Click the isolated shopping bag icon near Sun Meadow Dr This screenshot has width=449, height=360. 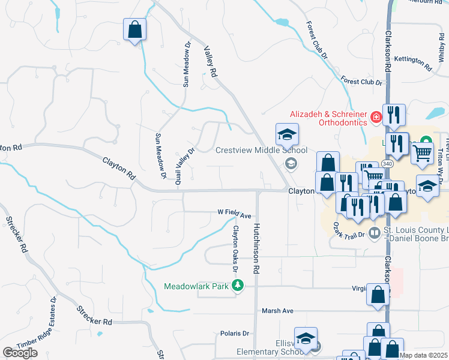(134, 29)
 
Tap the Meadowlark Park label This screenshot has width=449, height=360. (196, 286)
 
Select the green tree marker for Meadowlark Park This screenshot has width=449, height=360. (238, 286)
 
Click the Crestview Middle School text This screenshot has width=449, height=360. (261, 151)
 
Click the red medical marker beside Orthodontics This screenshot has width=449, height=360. (376, 117)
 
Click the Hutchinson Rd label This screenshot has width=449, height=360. (256, 249)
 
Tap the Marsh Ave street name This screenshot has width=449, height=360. (277, 311)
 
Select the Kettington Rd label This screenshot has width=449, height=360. (414, 62)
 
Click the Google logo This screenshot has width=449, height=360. (20, 353)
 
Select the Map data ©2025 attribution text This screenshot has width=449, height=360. (423, 355)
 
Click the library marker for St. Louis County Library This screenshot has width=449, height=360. (375, 232)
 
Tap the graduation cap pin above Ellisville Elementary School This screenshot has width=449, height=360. (306, 337)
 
